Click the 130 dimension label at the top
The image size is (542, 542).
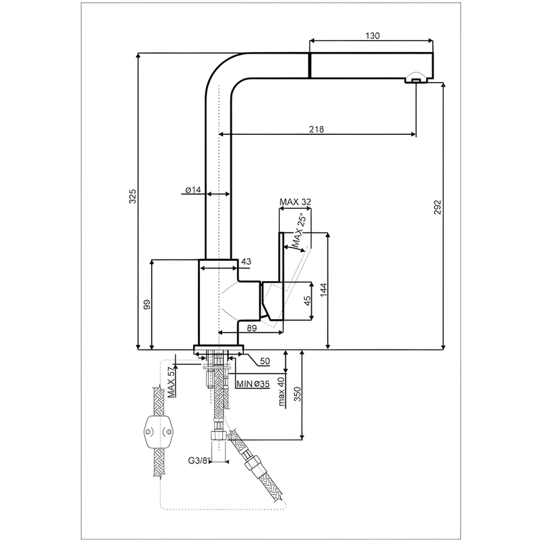coord(372,36)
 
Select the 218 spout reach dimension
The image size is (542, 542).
coord(316,129)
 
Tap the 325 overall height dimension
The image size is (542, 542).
coord(133,196)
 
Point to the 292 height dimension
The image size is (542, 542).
coord(438,207)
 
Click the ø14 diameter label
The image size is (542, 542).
coord(193,190)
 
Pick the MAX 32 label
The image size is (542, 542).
coord(295,202)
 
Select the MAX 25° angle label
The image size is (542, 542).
coord(299,232)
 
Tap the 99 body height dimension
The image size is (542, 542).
coord(147,304)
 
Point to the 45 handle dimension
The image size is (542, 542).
coord(307,301)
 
